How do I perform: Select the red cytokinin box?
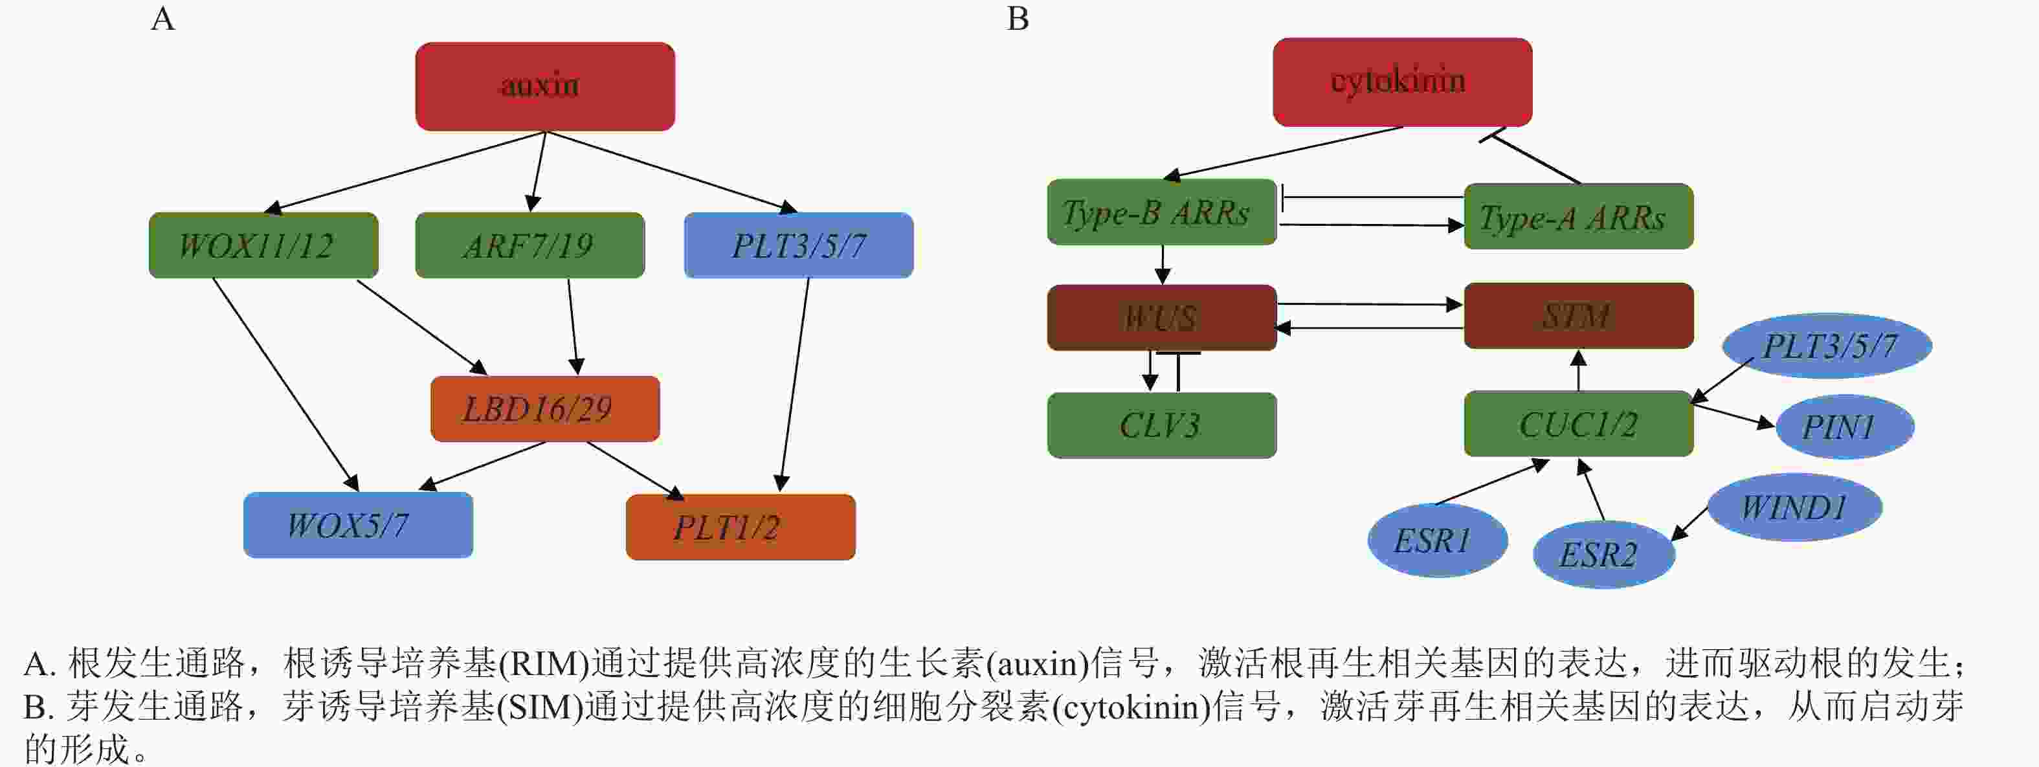pyautogui.click(x=1403, y=82)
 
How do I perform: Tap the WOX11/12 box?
pyautogui.click(x=263, y=245)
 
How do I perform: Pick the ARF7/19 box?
pyautogui.click(x=529, y=245)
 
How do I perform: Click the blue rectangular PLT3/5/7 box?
pyautogui.click(x=799, y=245)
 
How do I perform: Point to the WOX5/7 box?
pyautogui.click(x=358, y=525)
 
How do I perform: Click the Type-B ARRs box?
pyautogui.click(x=1162, y=212)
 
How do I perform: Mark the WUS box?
pyautogui.click(x=1162, y=317)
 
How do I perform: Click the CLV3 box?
pyautogui.click(x=1162, y=425)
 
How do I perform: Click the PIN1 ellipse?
pyautogui.click(x=1845, y=427)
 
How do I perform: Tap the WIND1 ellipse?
pyautogui.click(x=1794, y=507)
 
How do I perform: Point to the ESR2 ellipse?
pyautogui.click(x=1603, y=554)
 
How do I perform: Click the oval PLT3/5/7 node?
pyautogui.click(x=1827, y=346)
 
